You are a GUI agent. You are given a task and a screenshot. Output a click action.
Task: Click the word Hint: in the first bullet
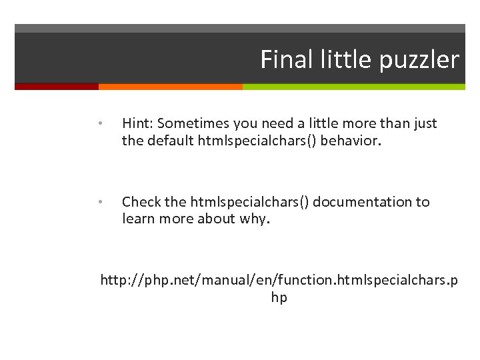(x=137, y=123)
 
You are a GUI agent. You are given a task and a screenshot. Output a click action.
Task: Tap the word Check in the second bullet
(x=141, y=202)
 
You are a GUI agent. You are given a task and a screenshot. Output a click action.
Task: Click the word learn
(x=139, y=219)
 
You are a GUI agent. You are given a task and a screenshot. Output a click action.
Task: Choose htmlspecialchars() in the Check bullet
(x=250, y=202)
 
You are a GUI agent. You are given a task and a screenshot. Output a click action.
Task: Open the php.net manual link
(x=279, y=281)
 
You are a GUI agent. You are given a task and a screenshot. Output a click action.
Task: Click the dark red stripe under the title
(x=56, y=87)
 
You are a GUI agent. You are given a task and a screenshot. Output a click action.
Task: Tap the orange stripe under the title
(x=170, y=87)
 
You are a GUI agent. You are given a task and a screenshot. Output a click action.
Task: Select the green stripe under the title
(x=353, y=87)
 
